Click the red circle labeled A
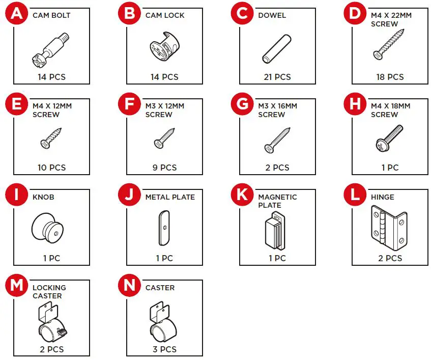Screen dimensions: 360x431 pos(16,14)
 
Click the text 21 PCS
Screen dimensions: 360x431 pos(277,77)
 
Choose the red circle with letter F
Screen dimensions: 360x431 pos(129,104)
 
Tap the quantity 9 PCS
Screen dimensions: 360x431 pos(164,168)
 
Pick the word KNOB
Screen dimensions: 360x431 pos(43,197)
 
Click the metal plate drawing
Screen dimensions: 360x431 pos(164,227)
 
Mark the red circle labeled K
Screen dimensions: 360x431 pos(242,195)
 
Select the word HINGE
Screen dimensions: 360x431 pos(383,197)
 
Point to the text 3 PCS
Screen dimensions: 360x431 pos(164,349)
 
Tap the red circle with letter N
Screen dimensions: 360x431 pos(129,286)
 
